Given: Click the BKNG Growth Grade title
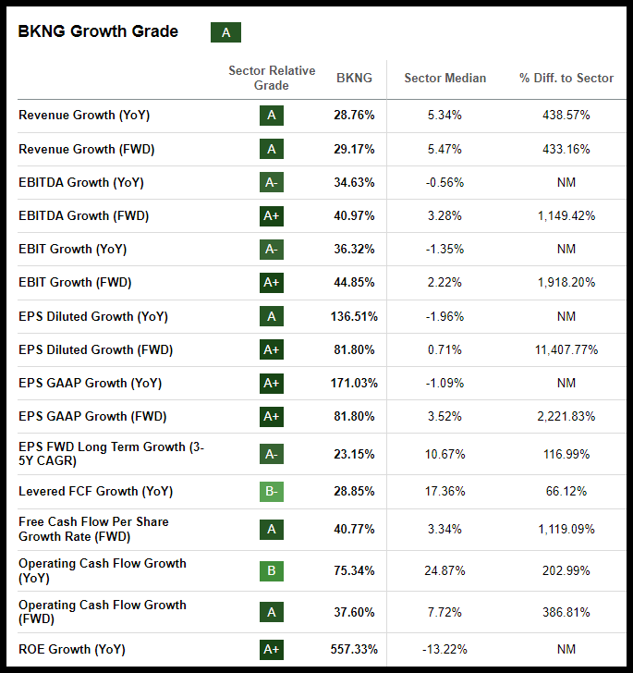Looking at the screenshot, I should coord(98,31).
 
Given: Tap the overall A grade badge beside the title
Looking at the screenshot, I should coord(225,33).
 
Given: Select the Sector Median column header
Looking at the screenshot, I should coord(444,78).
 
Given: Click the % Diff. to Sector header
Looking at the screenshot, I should coord(566,78).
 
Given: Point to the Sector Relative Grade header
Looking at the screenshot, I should coord(272,78).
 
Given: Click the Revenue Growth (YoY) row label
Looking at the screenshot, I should coord(84,116).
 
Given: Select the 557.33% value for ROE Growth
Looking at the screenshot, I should coord(354,649).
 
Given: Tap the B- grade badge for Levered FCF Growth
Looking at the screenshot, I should coord(272,491).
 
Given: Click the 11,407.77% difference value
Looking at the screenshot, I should coord(566,349).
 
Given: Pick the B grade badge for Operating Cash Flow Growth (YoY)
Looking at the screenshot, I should coord(272,570).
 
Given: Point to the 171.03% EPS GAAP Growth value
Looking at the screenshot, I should coord(354,383).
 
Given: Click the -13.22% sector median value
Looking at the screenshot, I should coord(444,649).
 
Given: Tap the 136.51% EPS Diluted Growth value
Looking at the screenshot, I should coord(354,316).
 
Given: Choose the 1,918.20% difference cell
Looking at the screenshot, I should coord(566,282).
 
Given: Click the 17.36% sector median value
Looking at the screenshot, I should coord(444,491).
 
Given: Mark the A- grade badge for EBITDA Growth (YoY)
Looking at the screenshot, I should coord(272,182).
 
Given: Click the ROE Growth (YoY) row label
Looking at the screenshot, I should coord(72,649).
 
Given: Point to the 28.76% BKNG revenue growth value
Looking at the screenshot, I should coord(354,116).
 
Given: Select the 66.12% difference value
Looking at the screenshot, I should coord(566,491).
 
